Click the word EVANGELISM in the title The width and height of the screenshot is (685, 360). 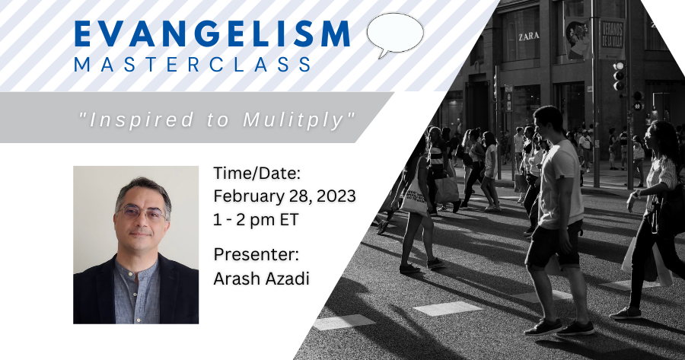212,33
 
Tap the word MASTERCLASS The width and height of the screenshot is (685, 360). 193,64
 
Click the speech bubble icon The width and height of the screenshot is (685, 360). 394,34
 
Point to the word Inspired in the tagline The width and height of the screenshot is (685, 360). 141,120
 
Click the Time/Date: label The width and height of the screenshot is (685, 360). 257,174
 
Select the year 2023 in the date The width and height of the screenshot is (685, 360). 336,196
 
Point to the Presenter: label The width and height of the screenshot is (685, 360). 256,254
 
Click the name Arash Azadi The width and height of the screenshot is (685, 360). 261,278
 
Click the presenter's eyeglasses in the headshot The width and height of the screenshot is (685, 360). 142,213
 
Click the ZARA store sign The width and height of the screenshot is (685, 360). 529,37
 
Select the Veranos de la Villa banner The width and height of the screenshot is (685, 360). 612,39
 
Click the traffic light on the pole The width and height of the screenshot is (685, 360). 619,76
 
